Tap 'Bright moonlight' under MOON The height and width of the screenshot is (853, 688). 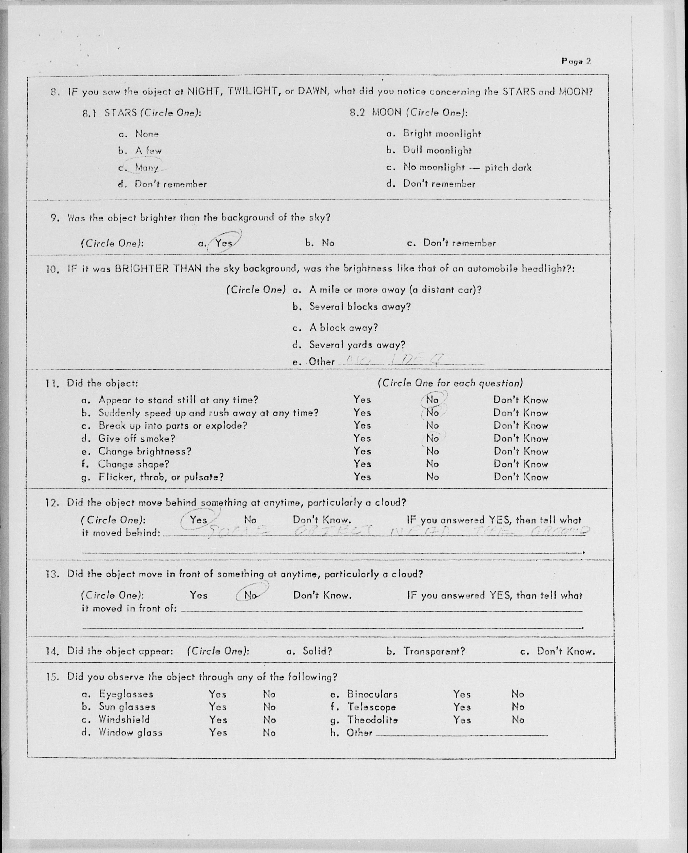click(441, 134)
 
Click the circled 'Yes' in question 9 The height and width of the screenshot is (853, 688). click(224, 242)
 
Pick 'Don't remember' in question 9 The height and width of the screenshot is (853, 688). click(459, 243)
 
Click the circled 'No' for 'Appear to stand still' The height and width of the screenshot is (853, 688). click(432, 399)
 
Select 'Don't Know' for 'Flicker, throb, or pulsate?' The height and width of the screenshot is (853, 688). click(520, 477)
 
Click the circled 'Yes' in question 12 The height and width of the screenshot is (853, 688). click(198, 520)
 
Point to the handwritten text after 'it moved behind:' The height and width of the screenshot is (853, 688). click(396, 531)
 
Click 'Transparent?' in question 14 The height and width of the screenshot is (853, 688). click(434, 651)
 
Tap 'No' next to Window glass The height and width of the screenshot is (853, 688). click(269, 733)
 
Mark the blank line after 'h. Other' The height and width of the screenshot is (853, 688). click(462, 734)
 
